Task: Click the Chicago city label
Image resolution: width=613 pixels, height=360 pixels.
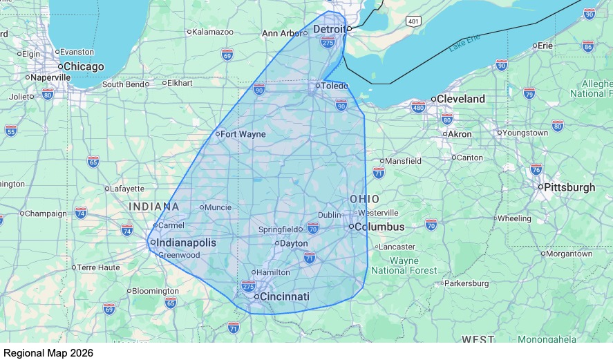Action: tap(84, 66)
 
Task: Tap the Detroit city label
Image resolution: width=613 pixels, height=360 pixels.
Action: tap(329, 29)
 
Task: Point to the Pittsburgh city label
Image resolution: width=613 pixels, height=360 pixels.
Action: tap(570, 187)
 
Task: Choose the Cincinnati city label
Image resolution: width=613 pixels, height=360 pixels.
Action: tap(284, 296)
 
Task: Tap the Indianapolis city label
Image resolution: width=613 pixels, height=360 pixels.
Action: tap(186, 243)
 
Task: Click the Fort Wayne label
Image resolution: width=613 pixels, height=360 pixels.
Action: tap(243, 134)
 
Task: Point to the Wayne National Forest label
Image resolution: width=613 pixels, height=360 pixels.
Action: tap(404, 265)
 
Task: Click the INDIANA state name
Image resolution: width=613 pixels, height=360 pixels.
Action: tap(154, 207)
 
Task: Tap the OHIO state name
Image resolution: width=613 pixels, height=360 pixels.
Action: tap(364, 199)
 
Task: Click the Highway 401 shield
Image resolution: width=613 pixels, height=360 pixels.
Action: tap(413, 21)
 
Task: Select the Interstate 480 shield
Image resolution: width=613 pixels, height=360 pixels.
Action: tap(418, 107)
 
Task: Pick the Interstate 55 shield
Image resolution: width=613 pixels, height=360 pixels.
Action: tap(10, 130)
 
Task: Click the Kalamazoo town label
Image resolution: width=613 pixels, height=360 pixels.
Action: tap(212, 32)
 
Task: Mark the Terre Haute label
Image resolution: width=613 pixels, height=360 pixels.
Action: tap(97, 267)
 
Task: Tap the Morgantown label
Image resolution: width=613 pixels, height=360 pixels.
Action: tap(570, 254)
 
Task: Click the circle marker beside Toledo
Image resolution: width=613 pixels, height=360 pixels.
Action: tap(317, 86)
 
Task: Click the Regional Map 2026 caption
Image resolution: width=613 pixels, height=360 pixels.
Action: tap(48, 352)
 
